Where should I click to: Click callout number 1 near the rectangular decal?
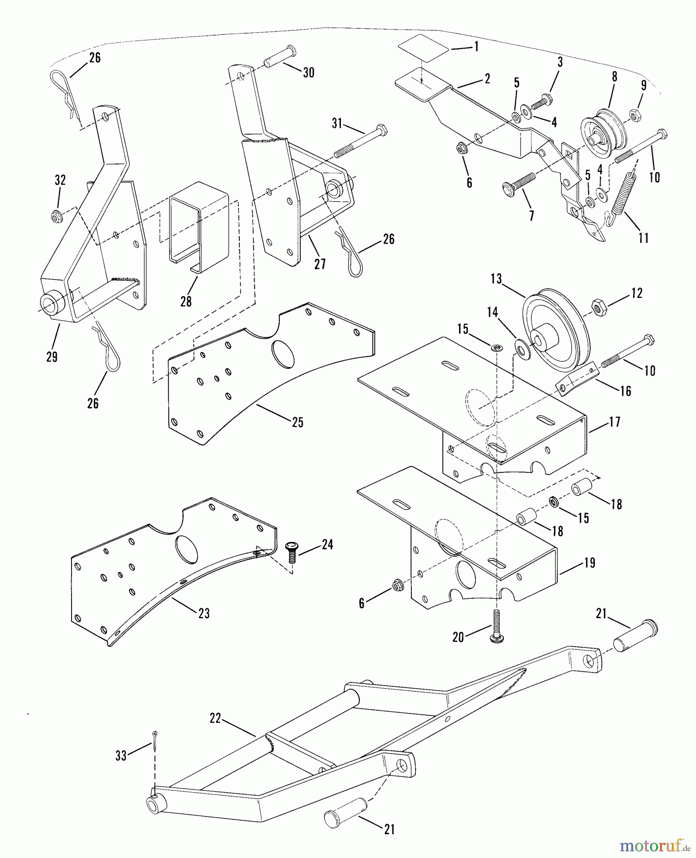click(476, 47)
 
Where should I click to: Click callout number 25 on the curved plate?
click(297, 422)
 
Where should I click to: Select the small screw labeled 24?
click(291, 552)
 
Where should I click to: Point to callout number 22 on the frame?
click(215, 718)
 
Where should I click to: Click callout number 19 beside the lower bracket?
click(590, 562)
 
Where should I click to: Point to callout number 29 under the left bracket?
click(52, 357)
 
